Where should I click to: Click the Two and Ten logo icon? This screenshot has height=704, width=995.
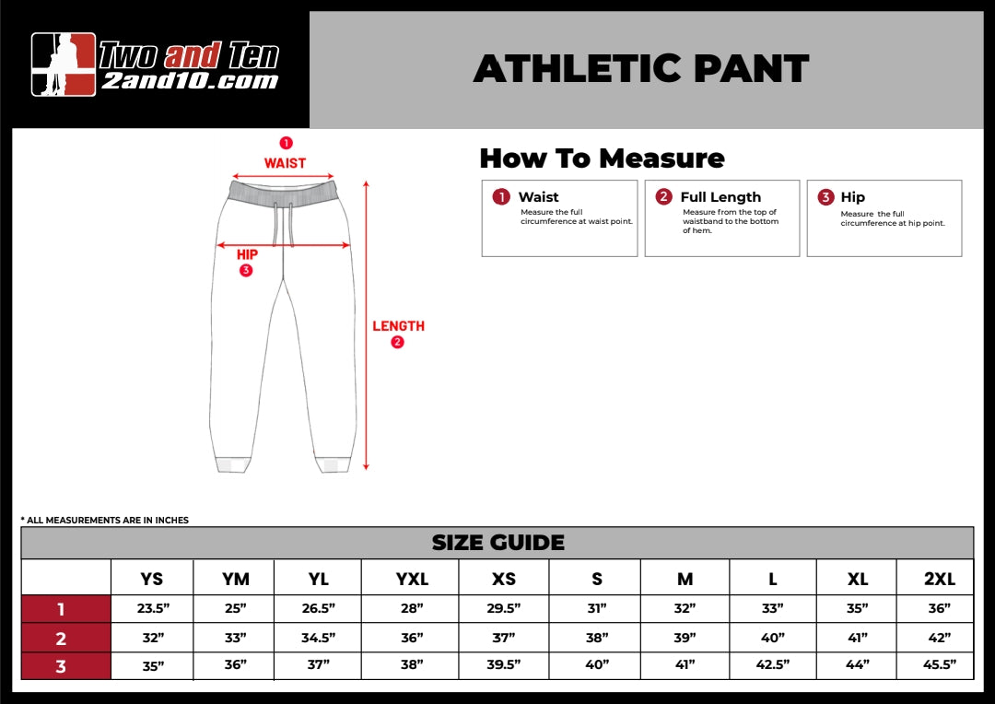(64, 65)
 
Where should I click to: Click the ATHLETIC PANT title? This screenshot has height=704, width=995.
(641, 69)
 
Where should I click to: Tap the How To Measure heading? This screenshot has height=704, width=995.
(602, 158)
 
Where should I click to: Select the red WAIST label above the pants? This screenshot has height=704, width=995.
(285, 163)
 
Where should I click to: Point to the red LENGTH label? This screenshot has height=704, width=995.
(398, 326)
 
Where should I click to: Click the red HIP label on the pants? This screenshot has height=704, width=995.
(247, 254)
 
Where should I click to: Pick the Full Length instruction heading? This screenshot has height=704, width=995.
(720, 197)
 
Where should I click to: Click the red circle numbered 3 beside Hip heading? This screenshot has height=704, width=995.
(825, 197)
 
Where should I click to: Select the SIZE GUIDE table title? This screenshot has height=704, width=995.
(497, 543)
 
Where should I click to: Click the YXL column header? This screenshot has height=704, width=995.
(412, 579)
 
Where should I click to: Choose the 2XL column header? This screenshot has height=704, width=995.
(940, 579)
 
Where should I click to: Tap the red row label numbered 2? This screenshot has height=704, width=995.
(61, 638)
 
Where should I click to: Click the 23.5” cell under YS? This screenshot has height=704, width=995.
(152, 608)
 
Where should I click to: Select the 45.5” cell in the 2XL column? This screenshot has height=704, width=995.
(940, 664)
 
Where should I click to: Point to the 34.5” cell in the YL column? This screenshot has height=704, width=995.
(318, 638)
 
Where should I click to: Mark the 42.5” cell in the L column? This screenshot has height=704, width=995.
(773, 664)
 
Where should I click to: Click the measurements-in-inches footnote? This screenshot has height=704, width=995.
(104, 521)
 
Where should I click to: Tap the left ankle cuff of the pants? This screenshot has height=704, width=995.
(232, 464)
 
